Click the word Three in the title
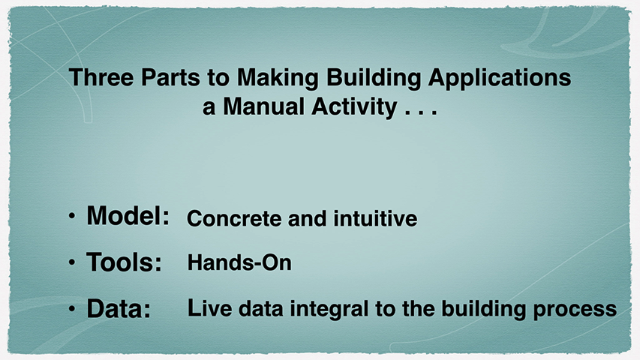101,76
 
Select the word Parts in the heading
170,76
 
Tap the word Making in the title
278,77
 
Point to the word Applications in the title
500,77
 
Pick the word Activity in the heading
354,108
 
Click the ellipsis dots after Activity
421,113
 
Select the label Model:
128,215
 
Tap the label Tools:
124,262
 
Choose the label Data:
119,308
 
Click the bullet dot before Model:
72,215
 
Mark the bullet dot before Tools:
72,262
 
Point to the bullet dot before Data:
72,308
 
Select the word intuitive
375,218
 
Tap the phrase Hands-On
239,262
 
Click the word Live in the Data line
210,308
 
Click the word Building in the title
374,77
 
